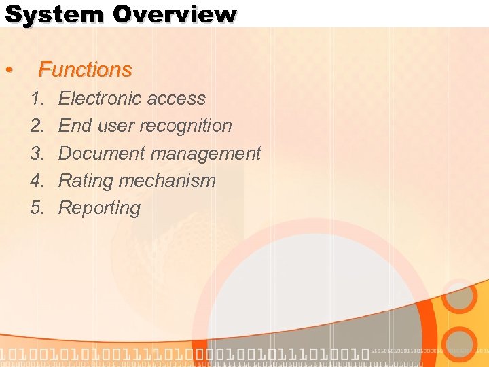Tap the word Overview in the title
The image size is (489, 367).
click(175, 14)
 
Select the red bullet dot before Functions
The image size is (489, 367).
click(8, 71)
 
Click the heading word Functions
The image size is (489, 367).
click(85, 69)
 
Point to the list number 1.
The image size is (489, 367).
click(37, 99)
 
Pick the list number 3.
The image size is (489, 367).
click(37, 154)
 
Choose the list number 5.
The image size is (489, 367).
click(37, 209)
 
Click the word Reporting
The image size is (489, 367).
click(99, 209)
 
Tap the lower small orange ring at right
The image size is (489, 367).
click(461, 344)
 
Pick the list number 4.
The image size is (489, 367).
click(37, 181)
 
